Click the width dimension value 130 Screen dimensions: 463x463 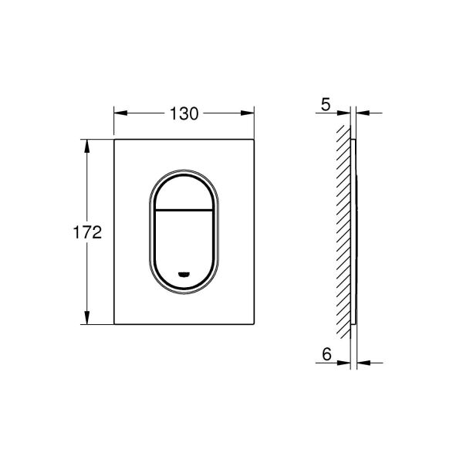(184, 113)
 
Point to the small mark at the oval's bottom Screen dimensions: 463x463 (184, 274)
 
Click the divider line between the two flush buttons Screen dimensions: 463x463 (184, 210)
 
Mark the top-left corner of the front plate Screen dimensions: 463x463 (115, 140)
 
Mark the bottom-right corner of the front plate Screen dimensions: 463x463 (255, 324)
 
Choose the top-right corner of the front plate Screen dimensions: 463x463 (255, 140)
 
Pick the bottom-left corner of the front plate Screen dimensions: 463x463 (115, 324)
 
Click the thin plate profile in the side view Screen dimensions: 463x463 (353, 231)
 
